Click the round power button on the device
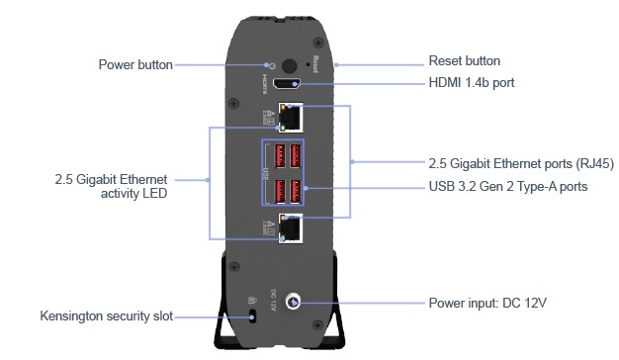[290, 66]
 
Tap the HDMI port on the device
[287, 84]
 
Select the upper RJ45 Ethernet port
[291, 118]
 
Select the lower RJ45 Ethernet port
[291, 228]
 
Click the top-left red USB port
[280, 155]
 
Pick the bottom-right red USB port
[296, 192]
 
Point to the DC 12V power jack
[293, 302]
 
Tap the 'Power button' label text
[135, 64]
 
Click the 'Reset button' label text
[465, 60]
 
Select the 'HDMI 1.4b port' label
[472, 82]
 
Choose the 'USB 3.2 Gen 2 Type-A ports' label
[508, 186]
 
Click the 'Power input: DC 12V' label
[487, 304]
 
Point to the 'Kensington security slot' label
[107, 315]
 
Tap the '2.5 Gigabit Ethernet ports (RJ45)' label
[521, 163]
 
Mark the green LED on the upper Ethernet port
[283, 128]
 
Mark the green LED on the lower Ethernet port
[282, 238]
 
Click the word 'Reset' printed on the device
[315, 64]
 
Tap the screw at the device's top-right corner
[317, 42]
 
